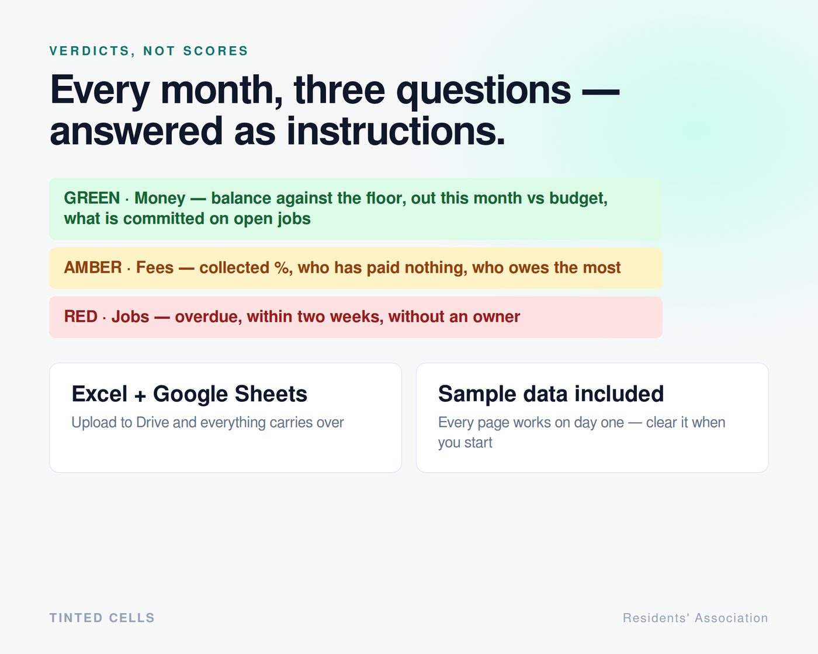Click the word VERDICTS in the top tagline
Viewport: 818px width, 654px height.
(90, 51)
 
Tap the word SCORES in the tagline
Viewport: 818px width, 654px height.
(216, 51)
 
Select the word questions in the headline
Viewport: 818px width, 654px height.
(483, 91)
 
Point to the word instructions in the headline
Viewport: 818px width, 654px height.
(396, 131)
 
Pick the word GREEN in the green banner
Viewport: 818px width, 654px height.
(92, 198)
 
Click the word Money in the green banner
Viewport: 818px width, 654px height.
(160, 199)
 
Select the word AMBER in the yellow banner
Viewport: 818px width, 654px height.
(93, 267)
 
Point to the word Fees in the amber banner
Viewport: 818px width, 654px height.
(155, 267)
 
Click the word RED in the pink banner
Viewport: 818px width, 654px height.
(81, 316)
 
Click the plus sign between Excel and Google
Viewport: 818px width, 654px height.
(140, 396)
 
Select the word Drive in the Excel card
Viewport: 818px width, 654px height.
(152, 423)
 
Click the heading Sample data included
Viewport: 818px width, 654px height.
(551, 394)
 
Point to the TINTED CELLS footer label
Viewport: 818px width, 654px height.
(102, 618)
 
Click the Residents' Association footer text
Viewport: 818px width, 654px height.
(695, 618)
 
